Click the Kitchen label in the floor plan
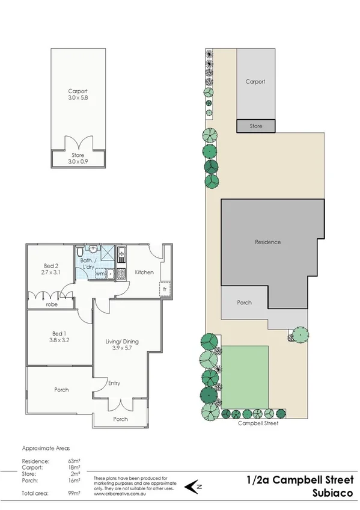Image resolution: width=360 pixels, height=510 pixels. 144,272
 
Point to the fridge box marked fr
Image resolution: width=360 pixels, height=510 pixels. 164,289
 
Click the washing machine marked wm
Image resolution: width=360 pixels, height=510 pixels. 99,274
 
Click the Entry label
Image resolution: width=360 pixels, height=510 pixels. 114,382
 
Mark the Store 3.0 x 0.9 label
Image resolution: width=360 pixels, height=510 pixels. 79,158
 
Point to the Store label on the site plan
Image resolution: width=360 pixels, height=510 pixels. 256,126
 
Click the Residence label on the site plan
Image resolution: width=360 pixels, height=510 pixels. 267,242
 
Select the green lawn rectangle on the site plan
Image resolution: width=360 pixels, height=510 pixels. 245,376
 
